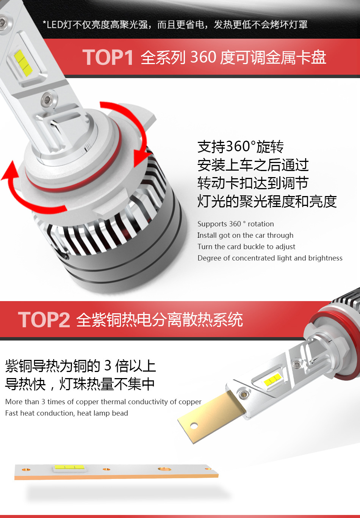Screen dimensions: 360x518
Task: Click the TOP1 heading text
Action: click(x=108, y=57)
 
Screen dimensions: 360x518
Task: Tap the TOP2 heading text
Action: click(x=44, y=320)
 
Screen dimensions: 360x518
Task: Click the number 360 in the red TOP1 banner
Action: click(x=203, y=57)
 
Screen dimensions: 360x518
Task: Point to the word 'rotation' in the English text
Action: click(x=261, y=224)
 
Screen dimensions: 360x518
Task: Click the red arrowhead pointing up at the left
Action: click(x=10, y=171)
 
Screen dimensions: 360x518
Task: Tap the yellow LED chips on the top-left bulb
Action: click(x=23, y=63)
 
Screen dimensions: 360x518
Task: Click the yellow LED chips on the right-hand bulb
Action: click(x=273, y=379)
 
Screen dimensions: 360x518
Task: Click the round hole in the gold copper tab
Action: click(x=194, y=425)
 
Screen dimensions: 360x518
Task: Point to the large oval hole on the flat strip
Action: click(x=164, y=469)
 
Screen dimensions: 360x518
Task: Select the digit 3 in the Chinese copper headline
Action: click(x=108, y=366)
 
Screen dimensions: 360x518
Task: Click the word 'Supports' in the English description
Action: click(x=212, y=224)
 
